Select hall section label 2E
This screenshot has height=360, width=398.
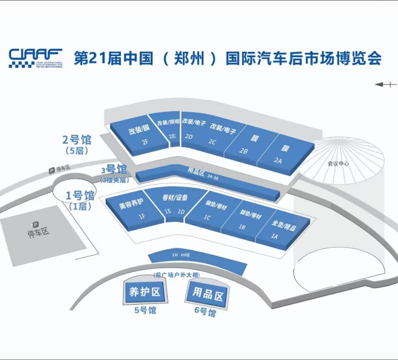172,136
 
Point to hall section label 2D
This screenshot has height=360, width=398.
188,137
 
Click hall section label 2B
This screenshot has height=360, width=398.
244,151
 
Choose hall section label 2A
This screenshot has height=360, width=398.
278,161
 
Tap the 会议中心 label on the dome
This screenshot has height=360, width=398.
338,164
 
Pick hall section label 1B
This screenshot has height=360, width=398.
242,227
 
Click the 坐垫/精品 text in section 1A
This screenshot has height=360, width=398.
283,226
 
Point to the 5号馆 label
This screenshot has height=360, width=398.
144,311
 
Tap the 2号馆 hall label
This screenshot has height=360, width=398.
77,140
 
